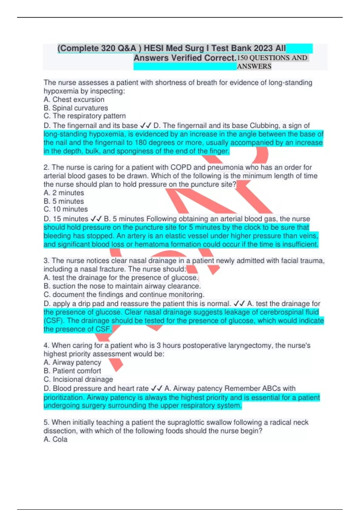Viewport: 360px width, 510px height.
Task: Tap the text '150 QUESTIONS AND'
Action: [x=272, y=58]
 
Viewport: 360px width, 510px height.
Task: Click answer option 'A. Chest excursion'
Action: [x=74, y=100]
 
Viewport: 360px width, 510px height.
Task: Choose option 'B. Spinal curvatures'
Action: [x=76, y=108]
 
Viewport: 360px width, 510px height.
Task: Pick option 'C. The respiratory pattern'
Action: [x=85, y=116]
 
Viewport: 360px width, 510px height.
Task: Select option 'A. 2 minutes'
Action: [x=64, y=193]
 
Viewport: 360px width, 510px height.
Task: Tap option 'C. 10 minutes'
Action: [x=66, y=209]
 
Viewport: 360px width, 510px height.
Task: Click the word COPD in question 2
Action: [x=179, y=167]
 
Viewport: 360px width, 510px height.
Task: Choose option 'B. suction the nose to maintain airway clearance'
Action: [x=122, y=286]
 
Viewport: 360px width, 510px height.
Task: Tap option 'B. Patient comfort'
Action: [x=72, y=371]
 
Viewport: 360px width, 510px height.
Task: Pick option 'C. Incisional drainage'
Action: [x=78, y=379]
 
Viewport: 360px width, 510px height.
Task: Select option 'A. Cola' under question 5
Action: [x=55, y=439]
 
